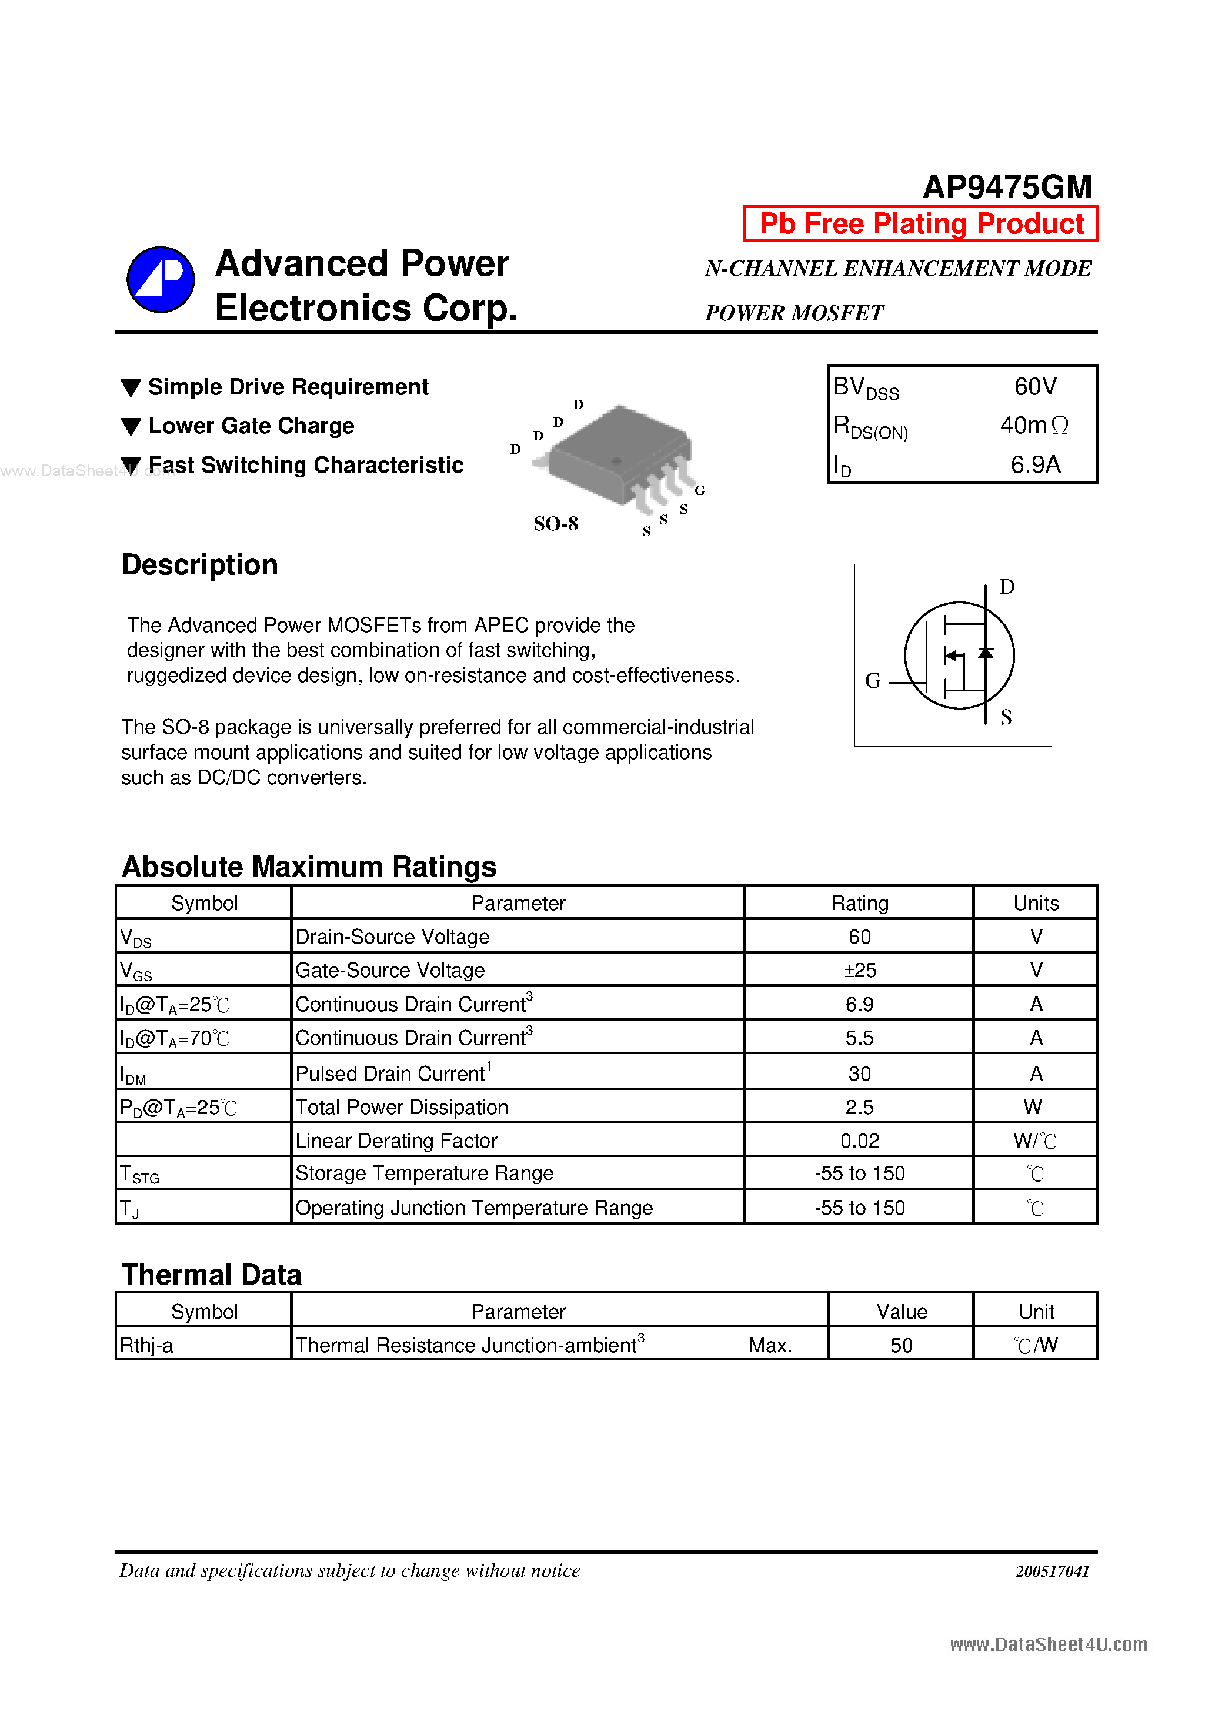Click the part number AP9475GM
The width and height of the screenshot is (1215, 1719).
[x=1007, y=187]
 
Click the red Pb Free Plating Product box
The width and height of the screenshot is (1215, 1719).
[x=920, y=224]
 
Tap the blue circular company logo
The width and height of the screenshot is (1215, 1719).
[x=161, y=280]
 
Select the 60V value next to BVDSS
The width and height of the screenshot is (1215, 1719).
[x=1035, y=386]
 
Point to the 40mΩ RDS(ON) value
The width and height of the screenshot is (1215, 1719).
[x=1034, y=425]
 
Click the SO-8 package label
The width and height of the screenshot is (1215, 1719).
[x=555, y=523]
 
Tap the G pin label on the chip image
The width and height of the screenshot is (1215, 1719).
[x=700, y=490]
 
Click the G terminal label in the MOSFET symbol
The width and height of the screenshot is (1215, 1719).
[x=873, y=681]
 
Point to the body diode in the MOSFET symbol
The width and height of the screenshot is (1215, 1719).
[x=986, y=654]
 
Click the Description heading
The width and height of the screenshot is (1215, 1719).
[x=200, y=564]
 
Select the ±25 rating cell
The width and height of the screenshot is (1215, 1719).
[x=859, y=970]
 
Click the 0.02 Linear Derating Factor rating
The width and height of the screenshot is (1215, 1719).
[x=859, y=1141]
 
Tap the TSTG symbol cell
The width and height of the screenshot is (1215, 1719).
[x=140, y=1174]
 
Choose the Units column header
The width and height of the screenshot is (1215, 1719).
[x=1036, y=903]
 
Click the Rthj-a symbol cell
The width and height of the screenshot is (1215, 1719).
[x=147, y=1346]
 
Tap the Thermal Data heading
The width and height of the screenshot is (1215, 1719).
[x=211, y=1275]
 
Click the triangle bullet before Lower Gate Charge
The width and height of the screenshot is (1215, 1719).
[x=131, y=427]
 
